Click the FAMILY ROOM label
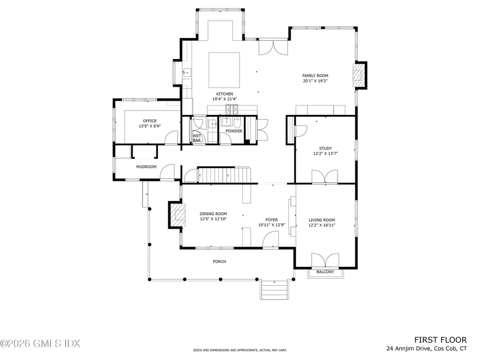click(315, 75)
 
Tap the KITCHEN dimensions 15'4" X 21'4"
click(225, 99)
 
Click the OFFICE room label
click(150, 121)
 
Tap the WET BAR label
click(197, 138)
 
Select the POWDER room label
click(234, 131)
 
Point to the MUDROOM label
click(146, 166)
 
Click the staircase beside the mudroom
click(224, 175)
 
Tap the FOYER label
click(271, 219)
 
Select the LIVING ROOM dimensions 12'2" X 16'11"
click(322, 225)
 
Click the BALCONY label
click(325, 272)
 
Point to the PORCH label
click(219, 262)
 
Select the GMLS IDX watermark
click(40, 344)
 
